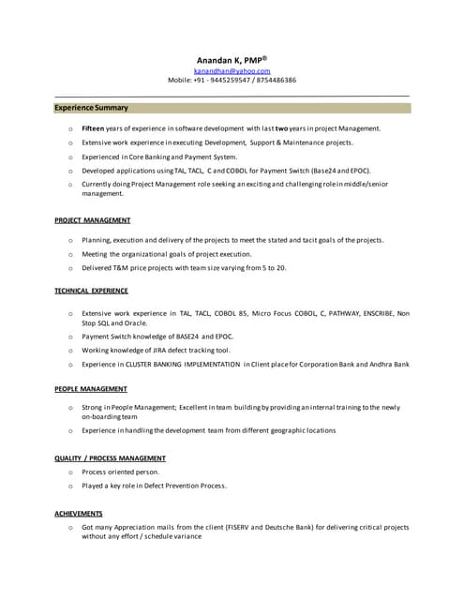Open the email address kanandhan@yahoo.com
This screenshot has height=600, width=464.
tap(232, 71)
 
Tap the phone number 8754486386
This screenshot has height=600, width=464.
tap(273, 81)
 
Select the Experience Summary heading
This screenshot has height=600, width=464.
tap(92, 108)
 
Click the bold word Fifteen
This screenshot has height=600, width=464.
tap(93, 127)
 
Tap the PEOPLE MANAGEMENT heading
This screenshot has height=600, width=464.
tap(92, 388)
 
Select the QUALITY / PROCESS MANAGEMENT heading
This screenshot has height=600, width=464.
tap(111, 457)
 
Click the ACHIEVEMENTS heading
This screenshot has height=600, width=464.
tap(79, 513)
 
